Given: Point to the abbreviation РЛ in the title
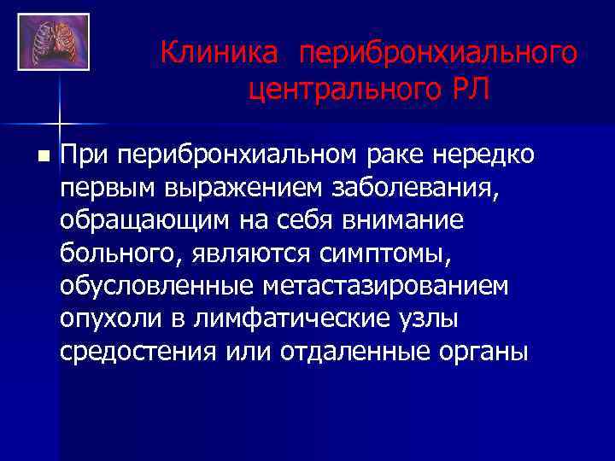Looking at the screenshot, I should point(469,88).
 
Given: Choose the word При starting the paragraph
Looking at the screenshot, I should point(85,155).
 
